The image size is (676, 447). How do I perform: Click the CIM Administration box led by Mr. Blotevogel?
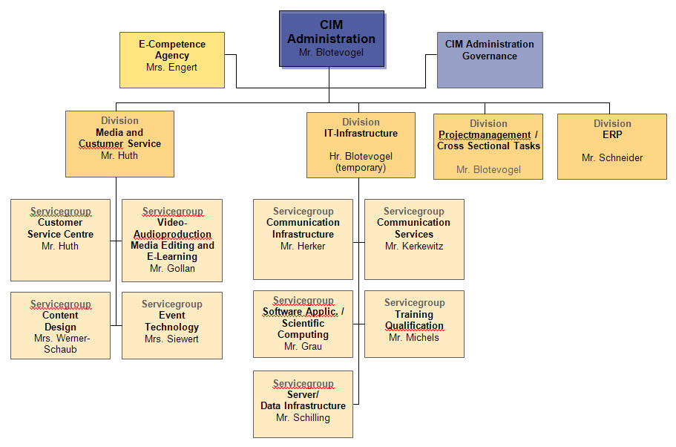tap(332, 39)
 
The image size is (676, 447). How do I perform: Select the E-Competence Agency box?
tap(172, 59)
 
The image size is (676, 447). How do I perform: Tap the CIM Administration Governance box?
tap(490, 59)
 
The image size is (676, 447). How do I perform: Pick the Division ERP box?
tap(612, 146)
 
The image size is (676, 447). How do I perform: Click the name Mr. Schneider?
tap(612, 157)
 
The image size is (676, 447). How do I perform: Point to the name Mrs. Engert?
tap(172, 67)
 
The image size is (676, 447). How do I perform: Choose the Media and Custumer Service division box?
tap(119, 143)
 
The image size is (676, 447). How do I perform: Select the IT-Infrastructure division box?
tap(361, 145)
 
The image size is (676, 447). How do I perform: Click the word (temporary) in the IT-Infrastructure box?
tap(361, 168)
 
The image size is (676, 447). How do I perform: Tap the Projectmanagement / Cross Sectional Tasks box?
tap(488, 146)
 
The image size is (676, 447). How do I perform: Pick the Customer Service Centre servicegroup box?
tap(60, 240)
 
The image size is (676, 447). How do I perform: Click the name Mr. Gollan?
tap(172, 268)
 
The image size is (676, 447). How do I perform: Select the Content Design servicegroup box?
tap(60, 325)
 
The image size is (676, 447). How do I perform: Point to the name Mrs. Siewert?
tap(172, 339)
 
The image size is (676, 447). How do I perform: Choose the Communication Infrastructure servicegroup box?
tap(303, 238)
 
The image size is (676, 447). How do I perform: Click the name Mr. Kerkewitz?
tap(414, 246)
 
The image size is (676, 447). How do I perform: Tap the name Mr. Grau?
tap(303, 346)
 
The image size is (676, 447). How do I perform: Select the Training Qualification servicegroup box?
tap(414, 324)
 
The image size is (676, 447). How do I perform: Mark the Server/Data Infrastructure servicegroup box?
tap(303, 404)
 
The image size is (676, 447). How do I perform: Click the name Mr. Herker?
tap(303, 246)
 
